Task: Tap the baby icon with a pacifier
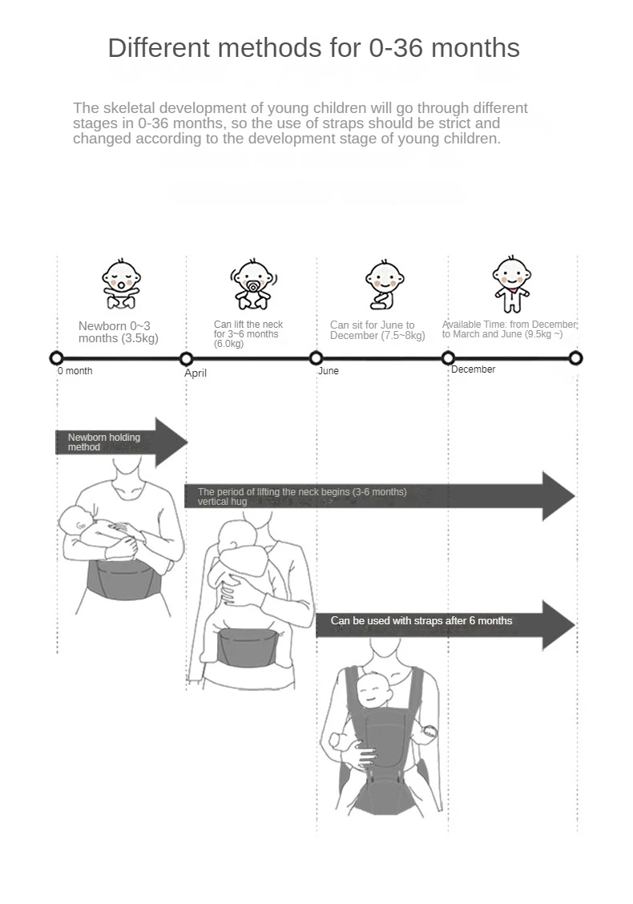[x=253, y=284]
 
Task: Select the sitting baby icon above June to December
[x=384, y=285]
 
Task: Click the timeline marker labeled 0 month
[x=56, y=358]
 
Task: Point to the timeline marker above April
[x=186, y=358]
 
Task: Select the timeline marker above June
[x=316, y=358]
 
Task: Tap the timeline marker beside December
[x=448, y=358]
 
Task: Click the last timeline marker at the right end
[x=575, y=358]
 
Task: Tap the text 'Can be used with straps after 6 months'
[x=421, y=621]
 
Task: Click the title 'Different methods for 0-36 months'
[x=314, y=48]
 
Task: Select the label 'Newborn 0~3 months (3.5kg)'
[x=119, y=332]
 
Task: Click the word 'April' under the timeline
[x=196, y=373]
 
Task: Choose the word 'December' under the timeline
[x=473, y=369]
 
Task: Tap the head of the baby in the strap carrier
[x=373, y=687]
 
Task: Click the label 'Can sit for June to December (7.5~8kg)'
[x=377, y=330]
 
